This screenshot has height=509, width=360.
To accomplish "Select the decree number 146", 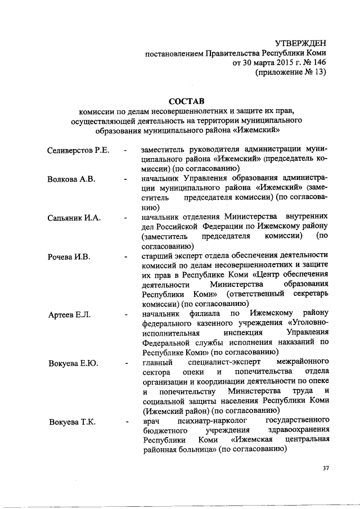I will (318, 62).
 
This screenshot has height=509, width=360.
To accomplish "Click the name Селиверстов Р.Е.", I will (78, 150).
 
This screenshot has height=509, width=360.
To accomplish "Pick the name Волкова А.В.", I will (71, 179).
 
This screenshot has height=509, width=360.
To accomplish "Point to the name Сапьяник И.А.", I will (74, 218).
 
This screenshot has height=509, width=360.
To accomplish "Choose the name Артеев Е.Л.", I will (69, 313).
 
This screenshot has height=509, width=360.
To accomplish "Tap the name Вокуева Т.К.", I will (73, 421).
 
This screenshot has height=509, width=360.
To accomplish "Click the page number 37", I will (325, 468).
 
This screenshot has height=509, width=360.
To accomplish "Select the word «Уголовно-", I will (308, 323).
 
